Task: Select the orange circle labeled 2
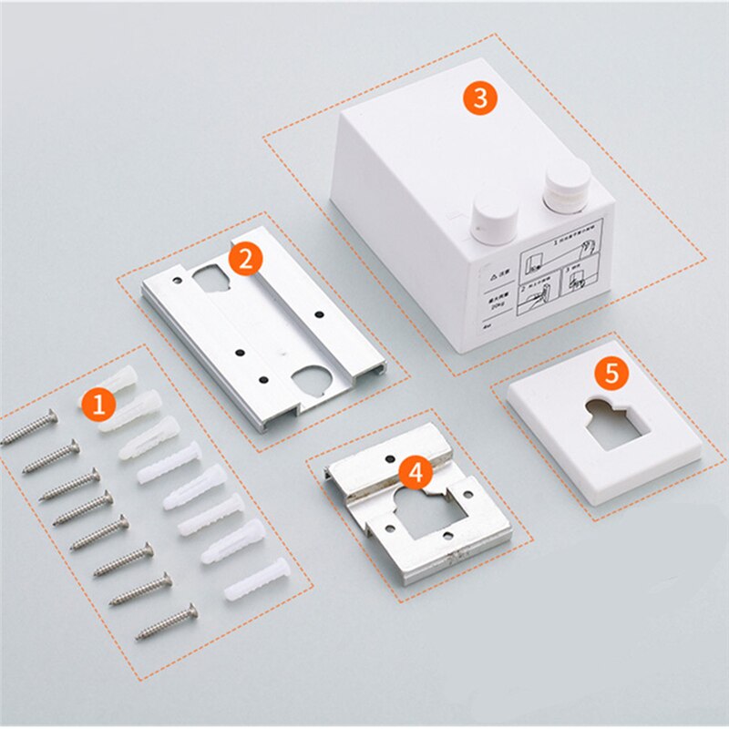(245, 259)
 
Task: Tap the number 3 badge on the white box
(479, 98)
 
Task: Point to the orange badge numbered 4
(416, 472)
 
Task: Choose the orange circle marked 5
(611, 372)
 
